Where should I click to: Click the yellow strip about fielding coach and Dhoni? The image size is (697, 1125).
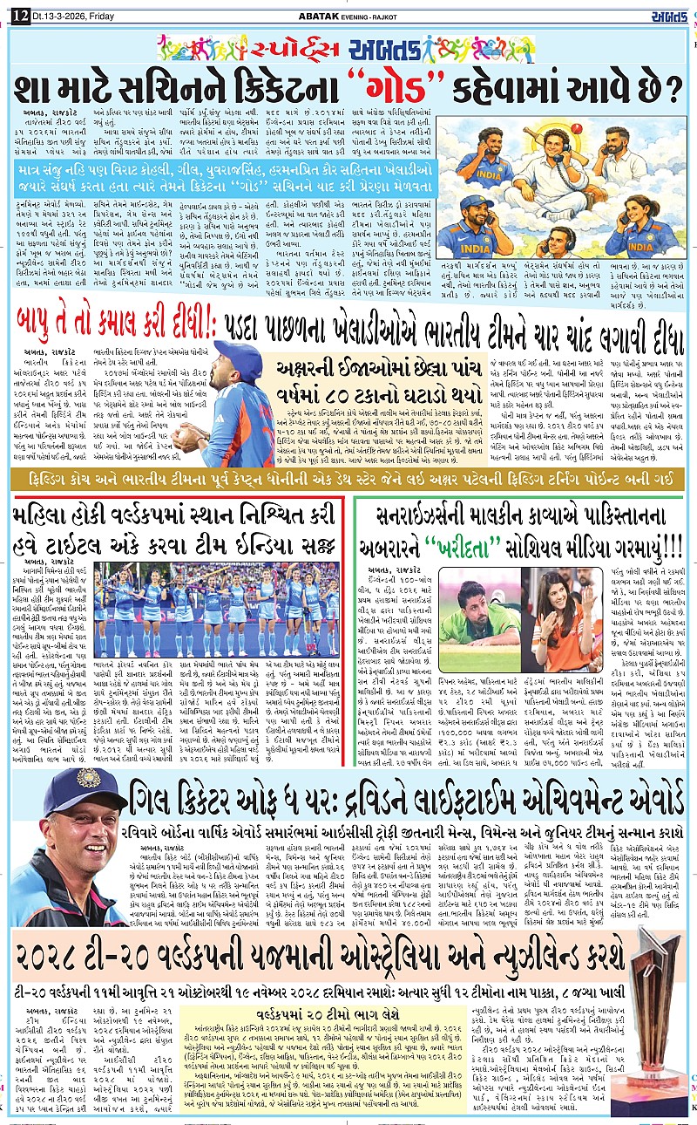(x=348, y=480)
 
